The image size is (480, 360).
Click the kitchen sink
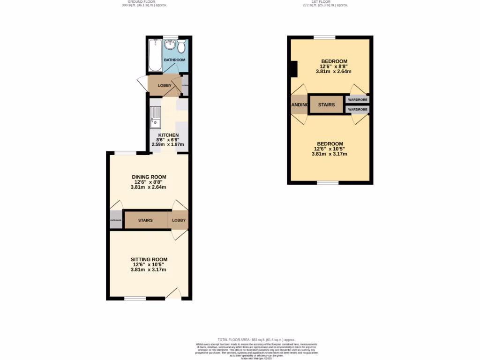[x=155, y=117]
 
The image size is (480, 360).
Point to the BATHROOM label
[x=174, y=60]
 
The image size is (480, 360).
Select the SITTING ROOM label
[x=149, y=259]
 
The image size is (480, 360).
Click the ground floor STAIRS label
[x=145, y=220]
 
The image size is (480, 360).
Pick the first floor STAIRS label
[x=326, y=105]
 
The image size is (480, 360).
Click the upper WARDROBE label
[x=358, y=99]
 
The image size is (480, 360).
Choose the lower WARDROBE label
[x=358, y=109]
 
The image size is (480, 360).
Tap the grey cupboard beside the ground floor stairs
[x=116, y=220]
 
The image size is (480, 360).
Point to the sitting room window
[x=135, y=298]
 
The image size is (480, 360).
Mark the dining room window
[x=126, y=153]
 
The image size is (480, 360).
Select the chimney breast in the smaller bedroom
[x=294, y=69]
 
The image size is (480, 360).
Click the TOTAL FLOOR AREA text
[x=256, y=339]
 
